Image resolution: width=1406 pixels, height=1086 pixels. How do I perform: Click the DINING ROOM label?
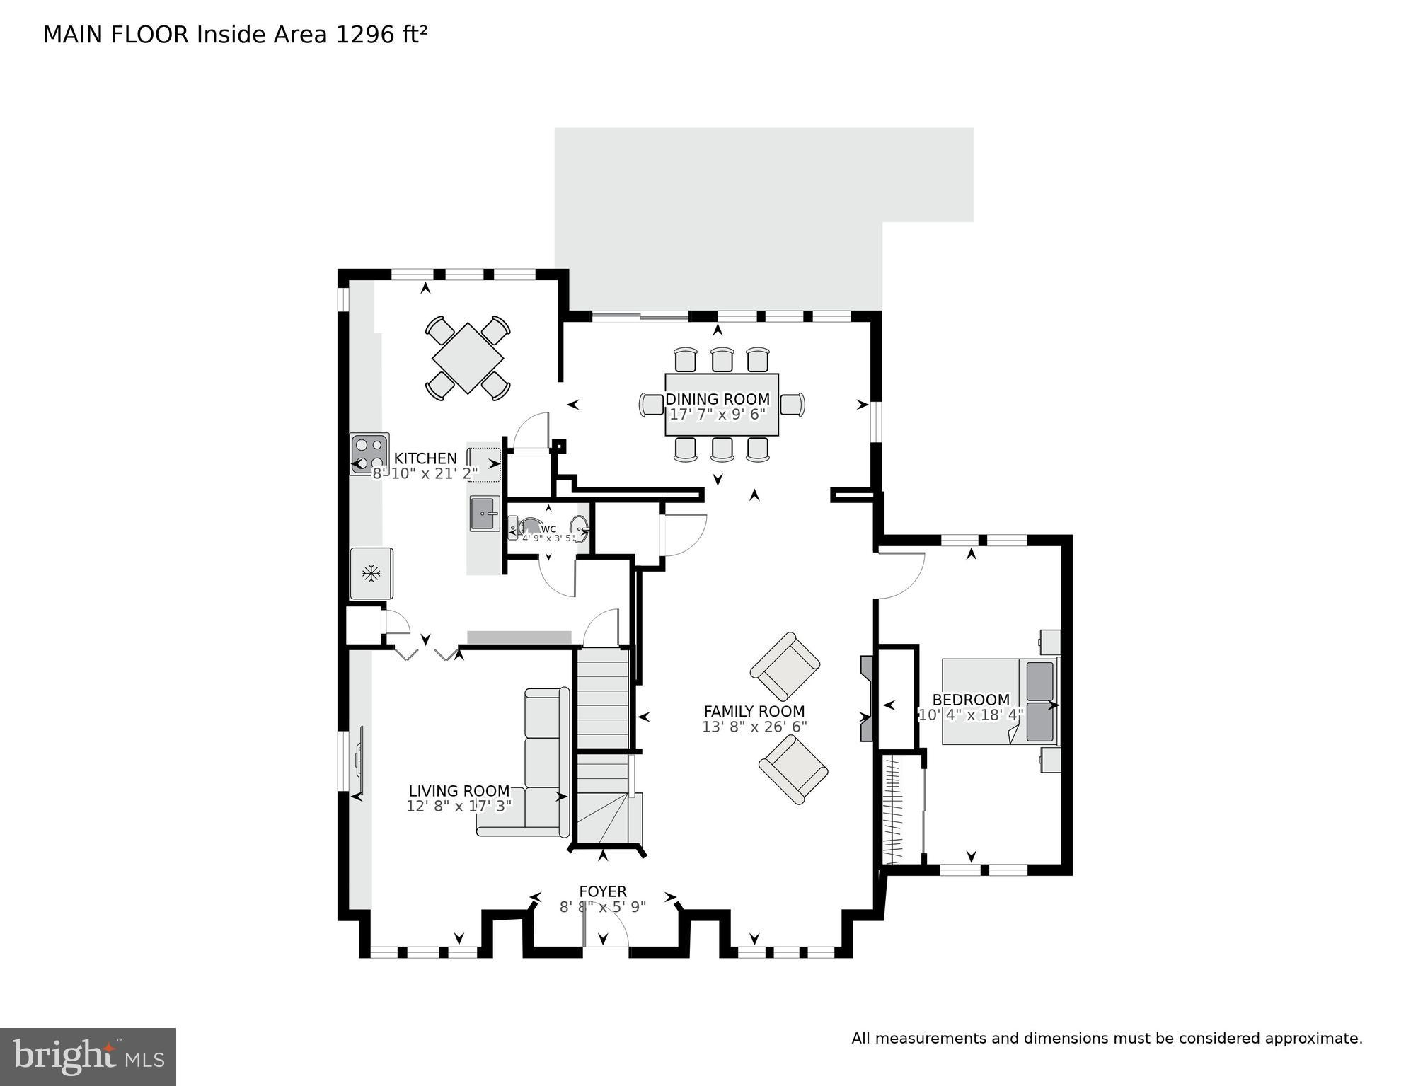717,399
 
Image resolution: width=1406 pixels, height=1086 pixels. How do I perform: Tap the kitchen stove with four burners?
369,454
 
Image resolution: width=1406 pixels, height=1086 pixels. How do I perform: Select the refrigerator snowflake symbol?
371,573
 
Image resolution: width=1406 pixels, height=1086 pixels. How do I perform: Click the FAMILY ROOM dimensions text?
754,727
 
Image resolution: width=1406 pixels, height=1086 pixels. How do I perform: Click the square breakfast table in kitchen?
467,357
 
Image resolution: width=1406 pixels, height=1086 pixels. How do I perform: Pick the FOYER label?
602,891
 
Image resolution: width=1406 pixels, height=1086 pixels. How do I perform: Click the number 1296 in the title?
358,35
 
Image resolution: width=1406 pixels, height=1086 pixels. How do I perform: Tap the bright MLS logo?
88,1056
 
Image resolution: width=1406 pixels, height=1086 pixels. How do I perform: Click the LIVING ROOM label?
459,791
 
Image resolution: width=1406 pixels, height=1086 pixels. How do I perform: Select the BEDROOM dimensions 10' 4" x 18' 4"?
970,715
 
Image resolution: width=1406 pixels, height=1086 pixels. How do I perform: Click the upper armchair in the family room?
785,666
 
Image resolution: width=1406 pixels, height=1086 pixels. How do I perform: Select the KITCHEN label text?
425,458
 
